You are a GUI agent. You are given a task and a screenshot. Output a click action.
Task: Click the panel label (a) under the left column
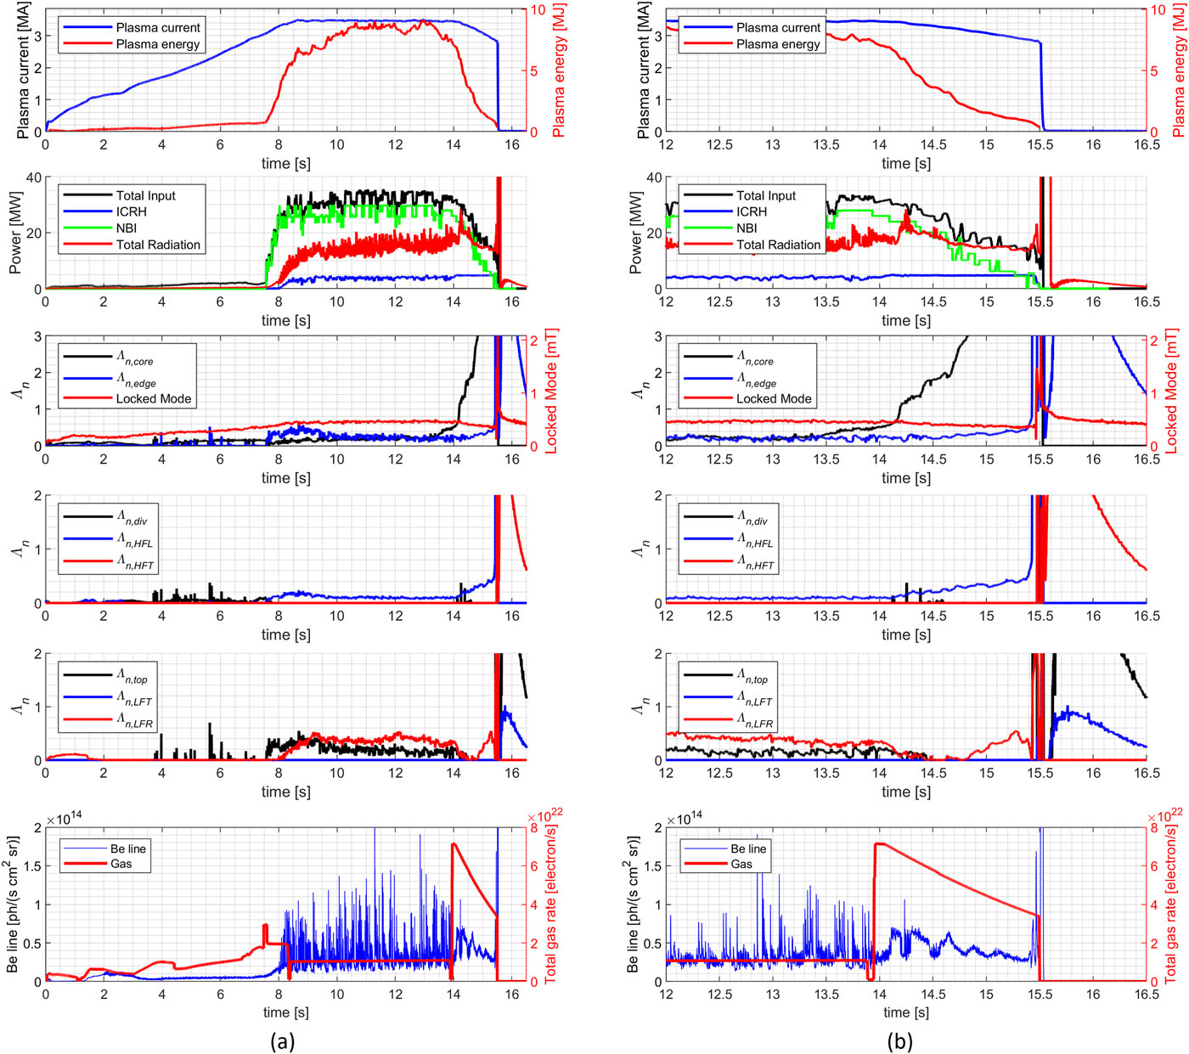tap(282, 1041)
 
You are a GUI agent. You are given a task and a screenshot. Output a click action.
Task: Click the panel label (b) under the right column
tap(900, 1041)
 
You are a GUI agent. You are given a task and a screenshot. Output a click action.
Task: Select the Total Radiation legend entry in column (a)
tap(158, 245)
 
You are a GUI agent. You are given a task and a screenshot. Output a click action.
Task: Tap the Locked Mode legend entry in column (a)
tap(154, 398)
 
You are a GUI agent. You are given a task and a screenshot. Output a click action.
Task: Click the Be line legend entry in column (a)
tap(127, 848)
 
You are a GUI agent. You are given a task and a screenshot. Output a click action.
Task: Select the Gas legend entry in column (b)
tap(741, 864)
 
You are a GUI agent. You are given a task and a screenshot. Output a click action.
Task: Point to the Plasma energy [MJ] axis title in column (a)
tap(559, 70)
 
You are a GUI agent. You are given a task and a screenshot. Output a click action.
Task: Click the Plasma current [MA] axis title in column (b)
tap(644, 70)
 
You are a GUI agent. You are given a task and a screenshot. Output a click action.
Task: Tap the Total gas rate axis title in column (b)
tap(1170, 905)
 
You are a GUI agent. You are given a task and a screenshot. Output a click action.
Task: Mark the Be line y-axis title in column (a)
tap(13, 905)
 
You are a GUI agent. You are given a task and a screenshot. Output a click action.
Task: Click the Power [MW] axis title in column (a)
tap(14, 233)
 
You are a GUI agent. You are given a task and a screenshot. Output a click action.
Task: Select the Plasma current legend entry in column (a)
tap(158, 27)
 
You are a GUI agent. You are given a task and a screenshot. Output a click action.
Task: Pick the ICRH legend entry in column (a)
tap(132, 211)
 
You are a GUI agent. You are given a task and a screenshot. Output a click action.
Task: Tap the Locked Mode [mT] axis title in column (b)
tap(1172, 391)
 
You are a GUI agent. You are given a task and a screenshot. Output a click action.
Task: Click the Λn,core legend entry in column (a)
tap(136, 360)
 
